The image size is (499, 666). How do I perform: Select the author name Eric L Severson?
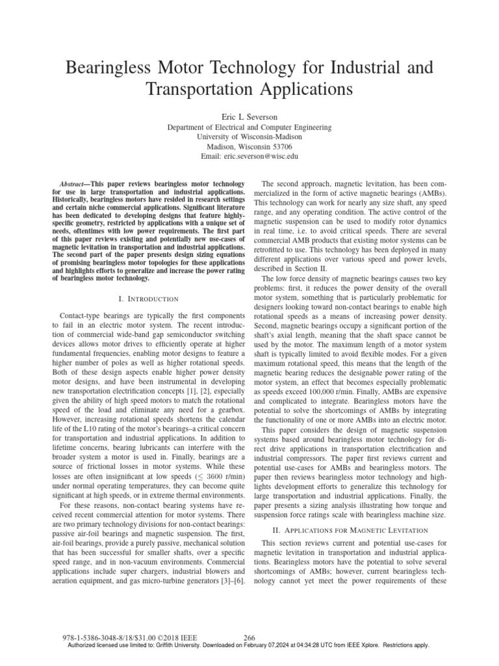(249, 116)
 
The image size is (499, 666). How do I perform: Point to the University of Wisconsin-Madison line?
(249, 137)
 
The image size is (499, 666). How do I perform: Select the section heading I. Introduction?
(149, 299)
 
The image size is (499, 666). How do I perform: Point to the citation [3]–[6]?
(229, 580)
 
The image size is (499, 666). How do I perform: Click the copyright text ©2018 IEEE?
(173, 638)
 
